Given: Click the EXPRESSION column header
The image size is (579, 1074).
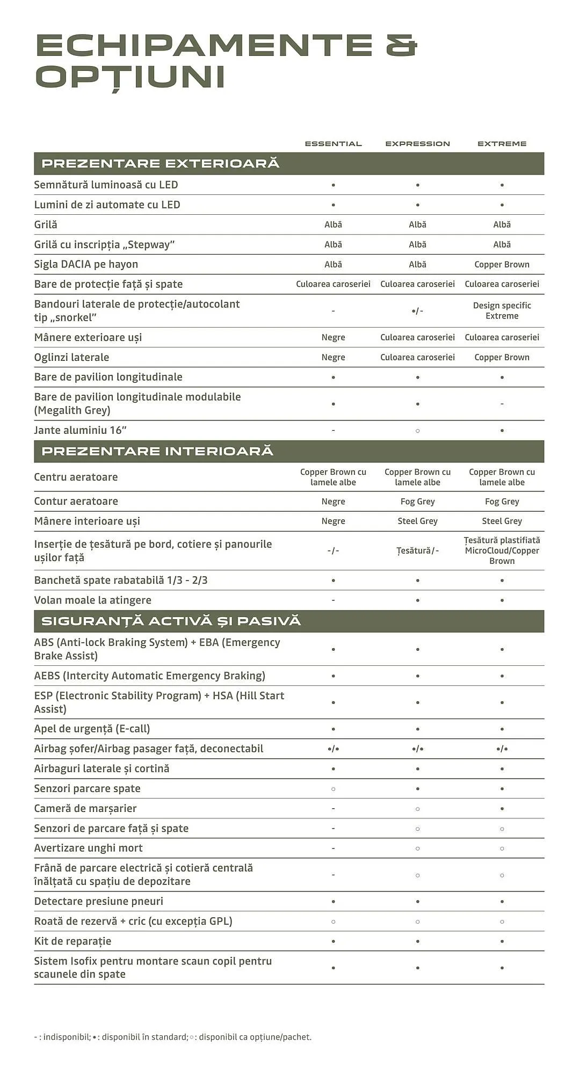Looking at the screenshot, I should click(417, 144).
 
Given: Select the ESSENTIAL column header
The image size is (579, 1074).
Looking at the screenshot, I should click(333, 144).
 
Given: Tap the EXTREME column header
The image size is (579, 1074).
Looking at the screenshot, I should click(502, 144).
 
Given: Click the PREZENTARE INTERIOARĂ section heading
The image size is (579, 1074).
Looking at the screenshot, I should click(157, 451).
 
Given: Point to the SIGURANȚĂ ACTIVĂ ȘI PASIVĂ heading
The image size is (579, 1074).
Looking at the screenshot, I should click(171, 621).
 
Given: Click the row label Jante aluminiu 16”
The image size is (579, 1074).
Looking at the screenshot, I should click(80, 430).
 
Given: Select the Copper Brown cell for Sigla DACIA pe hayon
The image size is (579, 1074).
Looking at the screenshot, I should click(502, 264).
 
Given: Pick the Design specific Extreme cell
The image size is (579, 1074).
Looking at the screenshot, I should click(502, 310).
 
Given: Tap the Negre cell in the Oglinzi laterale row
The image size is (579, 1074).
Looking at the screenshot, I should click(333, 357).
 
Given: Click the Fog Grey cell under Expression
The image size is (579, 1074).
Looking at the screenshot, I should click(417, 502).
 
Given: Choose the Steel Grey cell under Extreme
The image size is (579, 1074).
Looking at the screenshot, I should click(502, 521).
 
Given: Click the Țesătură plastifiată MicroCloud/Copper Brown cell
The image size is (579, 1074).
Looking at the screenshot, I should click(502, 550).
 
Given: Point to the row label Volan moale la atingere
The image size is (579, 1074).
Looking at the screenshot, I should click(92, 600).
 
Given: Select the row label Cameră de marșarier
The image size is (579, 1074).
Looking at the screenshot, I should click(85, 809).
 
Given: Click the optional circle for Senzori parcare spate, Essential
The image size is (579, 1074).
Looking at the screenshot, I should click(333, 789).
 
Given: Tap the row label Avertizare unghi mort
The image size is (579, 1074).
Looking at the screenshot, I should click(88, 848).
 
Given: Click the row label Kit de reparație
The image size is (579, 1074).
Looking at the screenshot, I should click(73, 941).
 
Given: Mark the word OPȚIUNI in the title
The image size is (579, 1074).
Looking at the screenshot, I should click(130, 77).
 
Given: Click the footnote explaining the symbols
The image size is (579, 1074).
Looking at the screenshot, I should click(172, 1037).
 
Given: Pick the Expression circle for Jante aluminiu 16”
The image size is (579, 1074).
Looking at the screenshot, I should click(417, 431).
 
